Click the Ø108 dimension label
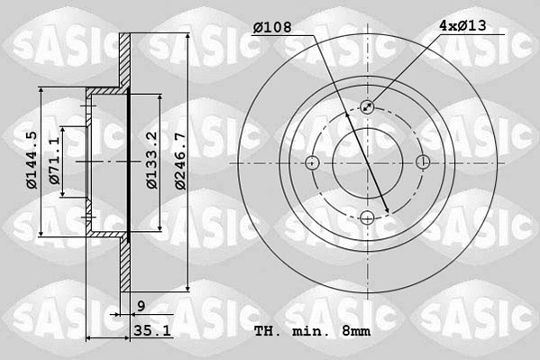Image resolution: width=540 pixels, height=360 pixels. click(x=272, y=27)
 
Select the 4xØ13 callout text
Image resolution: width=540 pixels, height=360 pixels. click(x=462, y=25)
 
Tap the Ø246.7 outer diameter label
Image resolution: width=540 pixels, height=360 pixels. click(x=180, y=161)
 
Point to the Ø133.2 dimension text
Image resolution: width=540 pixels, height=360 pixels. click(x=151, y=161)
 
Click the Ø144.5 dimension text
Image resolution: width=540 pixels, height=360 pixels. click(x=32, y=161)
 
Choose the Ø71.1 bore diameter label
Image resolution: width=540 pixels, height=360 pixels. click(x=54, y=161)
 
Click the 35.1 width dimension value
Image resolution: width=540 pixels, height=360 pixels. click(x=152, y=331)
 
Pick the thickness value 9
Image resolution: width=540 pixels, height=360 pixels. click(x=142, y=306)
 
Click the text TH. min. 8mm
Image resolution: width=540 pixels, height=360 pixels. click(x=312, y=331)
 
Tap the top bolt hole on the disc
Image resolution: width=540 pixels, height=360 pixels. click(x=368, y=106)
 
